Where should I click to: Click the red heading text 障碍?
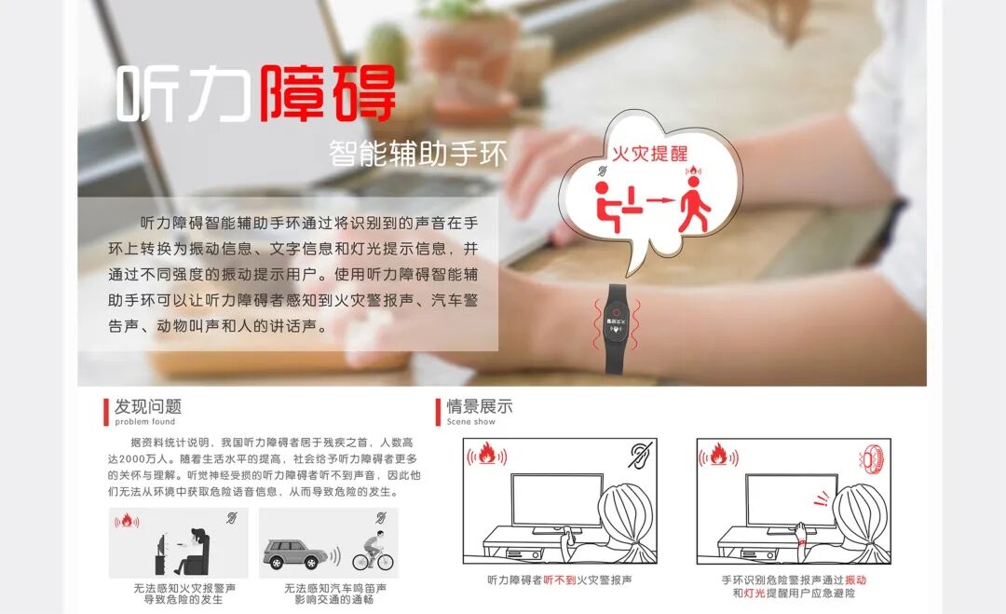(327, 92)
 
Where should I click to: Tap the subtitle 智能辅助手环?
(418, 154)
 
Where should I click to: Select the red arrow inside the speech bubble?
(660, 199)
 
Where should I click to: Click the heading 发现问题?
(147, 406)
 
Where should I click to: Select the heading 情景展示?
(480, 406)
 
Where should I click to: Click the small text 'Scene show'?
(471, 422)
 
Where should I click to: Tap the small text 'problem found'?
(144, 422)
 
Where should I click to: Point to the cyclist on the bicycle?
(372, 551)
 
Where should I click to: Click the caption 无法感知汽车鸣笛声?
(334, 589)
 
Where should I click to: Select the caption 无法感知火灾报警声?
(184, 589)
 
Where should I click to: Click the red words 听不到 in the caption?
(561, 580)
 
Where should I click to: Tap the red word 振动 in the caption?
(855, 580)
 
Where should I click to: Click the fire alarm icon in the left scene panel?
(486, 456)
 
